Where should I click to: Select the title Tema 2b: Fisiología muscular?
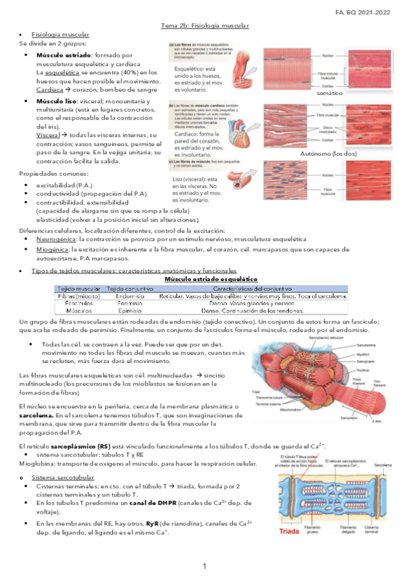click(x=205, y=25)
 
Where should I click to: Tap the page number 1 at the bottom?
click(x=205, y=567)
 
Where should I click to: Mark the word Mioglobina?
click(x=38, y=465)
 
